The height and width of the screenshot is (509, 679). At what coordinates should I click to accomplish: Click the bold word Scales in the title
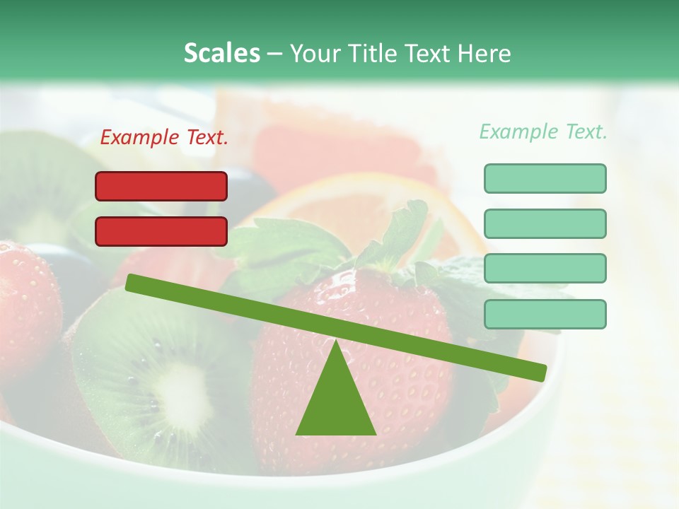(221, 53)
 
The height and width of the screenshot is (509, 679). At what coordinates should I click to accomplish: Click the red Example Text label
(164, 138)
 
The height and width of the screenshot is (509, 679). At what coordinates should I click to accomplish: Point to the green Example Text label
(543, 131)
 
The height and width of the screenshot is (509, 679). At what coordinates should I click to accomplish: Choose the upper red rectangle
(161, 187)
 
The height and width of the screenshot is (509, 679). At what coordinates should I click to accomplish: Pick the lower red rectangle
(161, 231)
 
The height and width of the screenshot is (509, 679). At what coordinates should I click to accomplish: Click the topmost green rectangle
(545, 178)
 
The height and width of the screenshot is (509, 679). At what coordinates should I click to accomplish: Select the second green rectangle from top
(545, 223)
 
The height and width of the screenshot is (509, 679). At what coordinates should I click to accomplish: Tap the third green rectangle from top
(545, 269)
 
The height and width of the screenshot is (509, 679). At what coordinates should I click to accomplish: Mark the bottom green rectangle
(545, 314)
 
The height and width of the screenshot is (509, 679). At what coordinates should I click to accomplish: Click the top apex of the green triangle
(335, 343)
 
